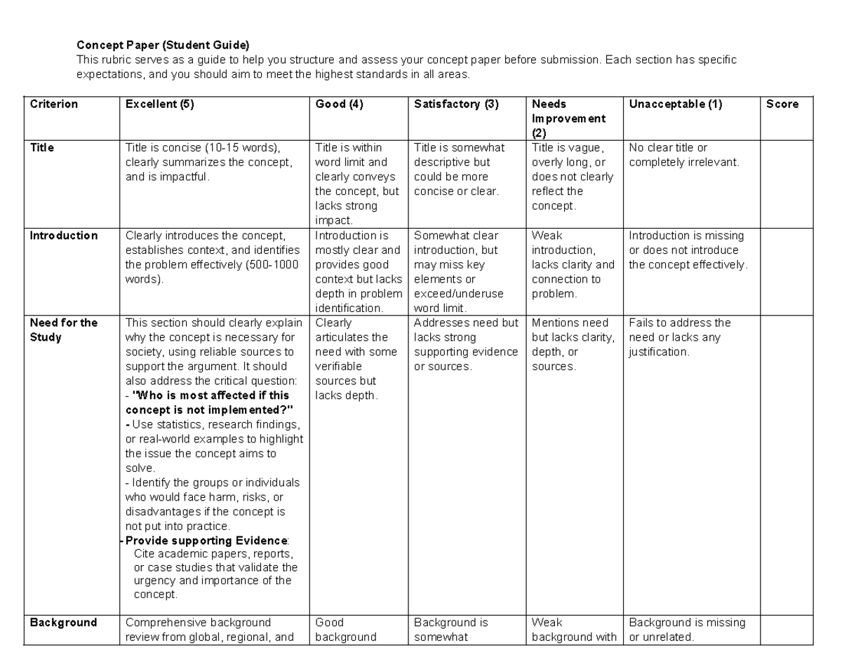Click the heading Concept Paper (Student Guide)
[x=163, y=46]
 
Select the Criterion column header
[x=53, y=104]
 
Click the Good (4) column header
[x=339, y=104]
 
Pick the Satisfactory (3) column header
[x=456, y=104]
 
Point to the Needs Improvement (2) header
[x=568, y=119]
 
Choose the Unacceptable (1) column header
[x=675, y=104]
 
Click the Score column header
[x=782, y=104]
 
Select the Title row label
[x=41, y=148]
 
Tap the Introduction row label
[x=63, y=236]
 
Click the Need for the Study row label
[x=63, y=330]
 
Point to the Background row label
[x=63, y=623]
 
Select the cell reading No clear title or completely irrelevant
[x=683, y=155]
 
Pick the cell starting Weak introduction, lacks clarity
[x=573, y=264]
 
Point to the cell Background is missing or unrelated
[x=687, y=630]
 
